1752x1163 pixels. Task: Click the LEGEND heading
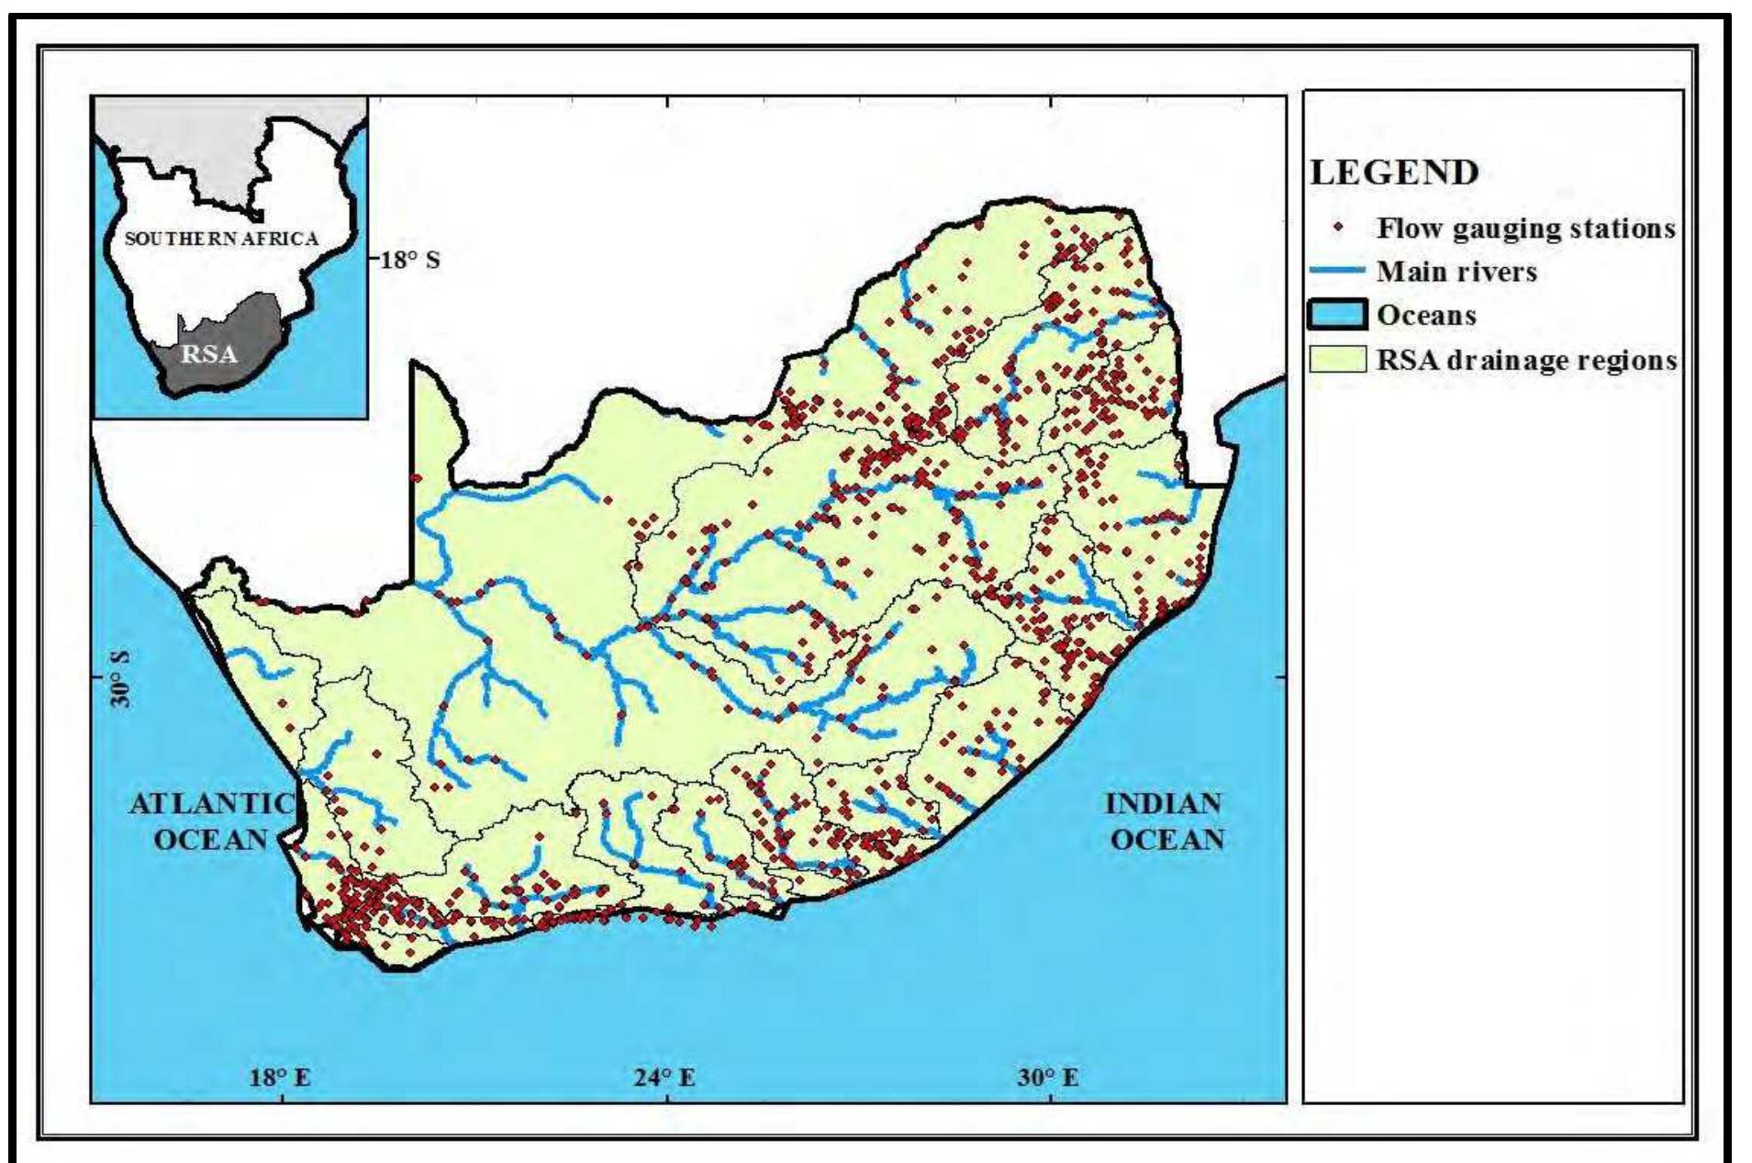click(1394, 173)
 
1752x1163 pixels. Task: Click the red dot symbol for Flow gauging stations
click(1339, 227)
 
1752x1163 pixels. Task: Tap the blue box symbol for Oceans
click(1338, 315)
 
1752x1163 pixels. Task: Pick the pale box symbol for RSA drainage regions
click(1338, 359)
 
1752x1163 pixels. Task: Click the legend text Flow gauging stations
click(1525, 228)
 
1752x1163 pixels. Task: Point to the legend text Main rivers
click(1456, 272)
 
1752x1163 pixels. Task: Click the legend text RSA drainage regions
click(1526, 360)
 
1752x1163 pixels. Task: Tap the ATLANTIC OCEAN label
click(212, 821)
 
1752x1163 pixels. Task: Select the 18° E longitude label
click(280, 1077)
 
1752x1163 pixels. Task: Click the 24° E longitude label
click(664, 1077)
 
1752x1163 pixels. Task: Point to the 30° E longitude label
click(1047, 1077)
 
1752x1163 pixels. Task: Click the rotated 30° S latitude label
click(120, 679)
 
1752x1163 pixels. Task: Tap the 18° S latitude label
click(410, 260)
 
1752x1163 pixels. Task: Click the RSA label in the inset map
click(209, 354)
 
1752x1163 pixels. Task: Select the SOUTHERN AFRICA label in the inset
click(221, 239)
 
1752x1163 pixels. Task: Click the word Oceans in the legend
click(1426, 316)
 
